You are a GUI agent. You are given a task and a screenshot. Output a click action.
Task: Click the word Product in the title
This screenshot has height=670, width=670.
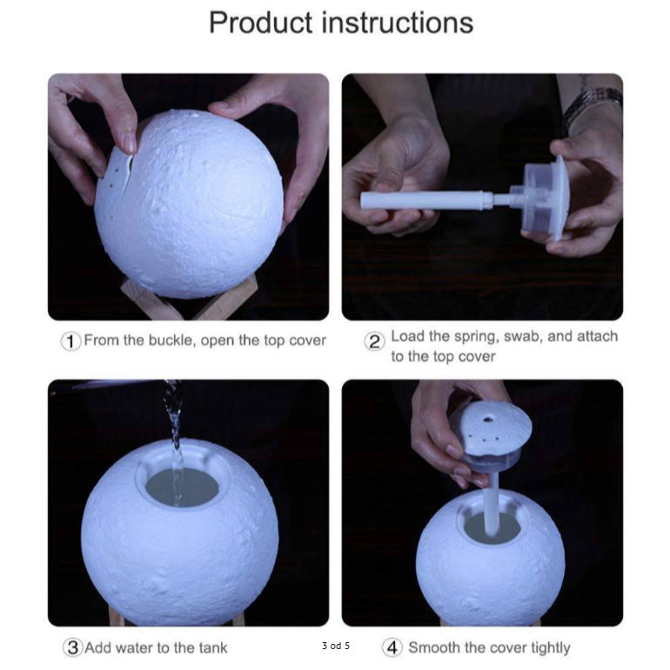(x=261, y=23)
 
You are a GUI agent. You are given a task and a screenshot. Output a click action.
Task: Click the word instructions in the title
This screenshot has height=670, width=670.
(x=398, y=23)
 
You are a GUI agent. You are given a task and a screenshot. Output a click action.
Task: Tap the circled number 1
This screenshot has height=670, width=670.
(x=70, y=341)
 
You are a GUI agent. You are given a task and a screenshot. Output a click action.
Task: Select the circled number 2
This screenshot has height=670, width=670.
(x=374, y=342)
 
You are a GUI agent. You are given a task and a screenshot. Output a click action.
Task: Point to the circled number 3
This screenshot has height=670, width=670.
(x=72, y=647)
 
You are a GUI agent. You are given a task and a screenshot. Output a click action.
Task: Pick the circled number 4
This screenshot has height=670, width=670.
(x=392, y=647)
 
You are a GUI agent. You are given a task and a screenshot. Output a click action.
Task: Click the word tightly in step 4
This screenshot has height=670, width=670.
(x=550, y=648)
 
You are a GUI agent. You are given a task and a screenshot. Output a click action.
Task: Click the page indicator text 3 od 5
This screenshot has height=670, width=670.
(x=336, y=646)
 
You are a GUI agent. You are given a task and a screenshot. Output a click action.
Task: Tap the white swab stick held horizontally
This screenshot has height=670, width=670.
(x=427, y=200)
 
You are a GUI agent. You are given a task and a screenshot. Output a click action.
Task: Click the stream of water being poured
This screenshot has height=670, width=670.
(x=175, y=440)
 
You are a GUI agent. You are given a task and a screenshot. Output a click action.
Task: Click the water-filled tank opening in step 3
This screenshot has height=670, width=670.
(x=183, y=487)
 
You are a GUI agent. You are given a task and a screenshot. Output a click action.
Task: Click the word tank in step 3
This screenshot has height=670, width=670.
(x=213, y=647)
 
